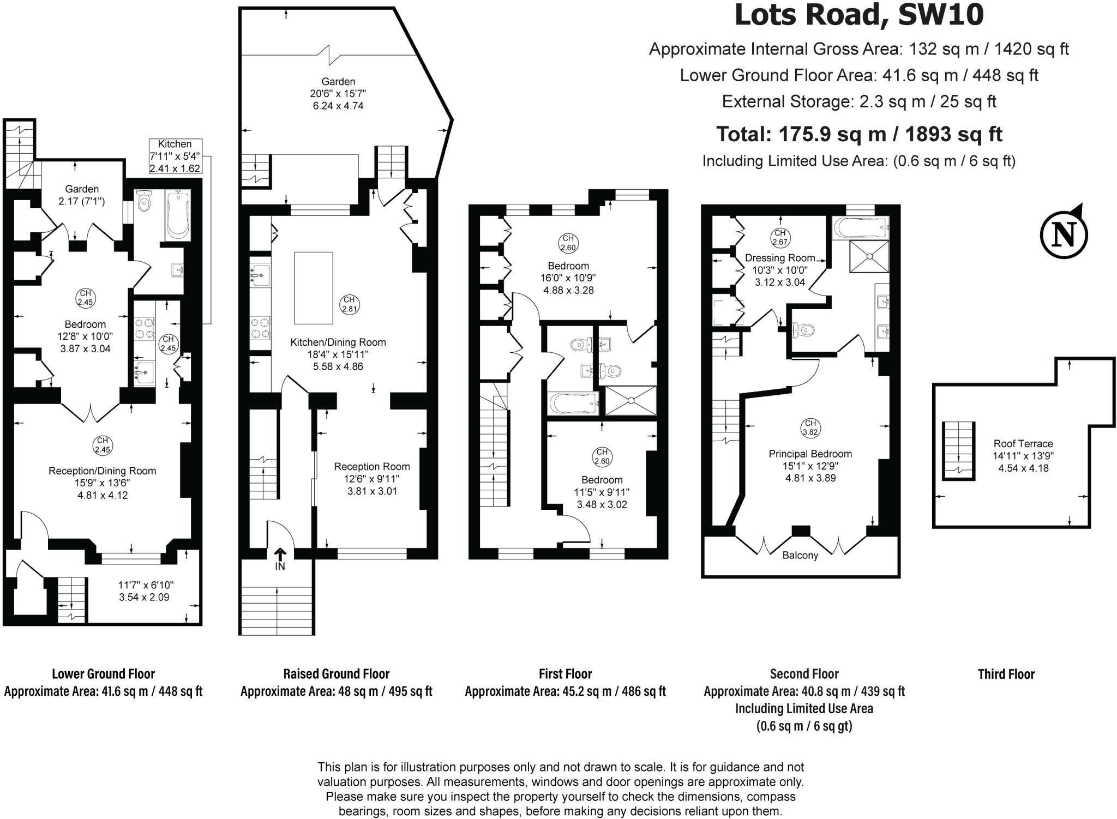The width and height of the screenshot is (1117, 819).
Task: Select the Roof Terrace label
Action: (1023, 444)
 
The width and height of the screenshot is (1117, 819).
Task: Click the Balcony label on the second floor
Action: (800, 555)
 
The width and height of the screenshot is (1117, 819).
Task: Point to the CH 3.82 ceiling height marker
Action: (810, 427)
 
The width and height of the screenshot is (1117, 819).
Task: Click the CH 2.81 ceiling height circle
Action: (349, 304)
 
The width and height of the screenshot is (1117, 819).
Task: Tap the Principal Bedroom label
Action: (810, 454)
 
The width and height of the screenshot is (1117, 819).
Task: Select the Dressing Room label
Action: (780, 258)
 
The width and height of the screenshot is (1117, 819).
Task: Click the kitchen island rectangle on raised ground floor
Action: (314, 288)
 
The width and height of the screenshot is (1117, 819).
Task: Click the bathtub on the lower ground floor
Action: (178, 215)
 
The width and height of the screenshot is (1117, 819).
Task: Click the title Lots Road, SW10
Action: (858, 15)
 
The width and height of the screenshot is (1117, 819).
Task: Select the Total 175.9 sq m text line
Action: (858, 134)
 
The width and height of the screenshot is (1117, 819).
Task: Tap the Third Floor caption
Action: (1006, 674)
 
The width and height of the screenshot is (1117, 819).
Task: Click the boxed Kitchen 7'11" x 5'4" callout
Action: (175, 156)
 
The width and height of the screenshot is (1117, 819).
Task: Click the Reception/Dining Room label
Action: (102, 471)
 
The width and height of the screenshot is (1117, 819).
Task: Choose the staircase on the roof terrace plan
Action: (959, 450)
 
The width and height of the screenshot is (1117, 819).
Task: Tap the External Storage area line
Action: (858, 101)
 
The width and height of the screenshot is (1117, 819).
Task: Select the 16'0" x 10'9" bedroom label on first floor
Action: (568, 278)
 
